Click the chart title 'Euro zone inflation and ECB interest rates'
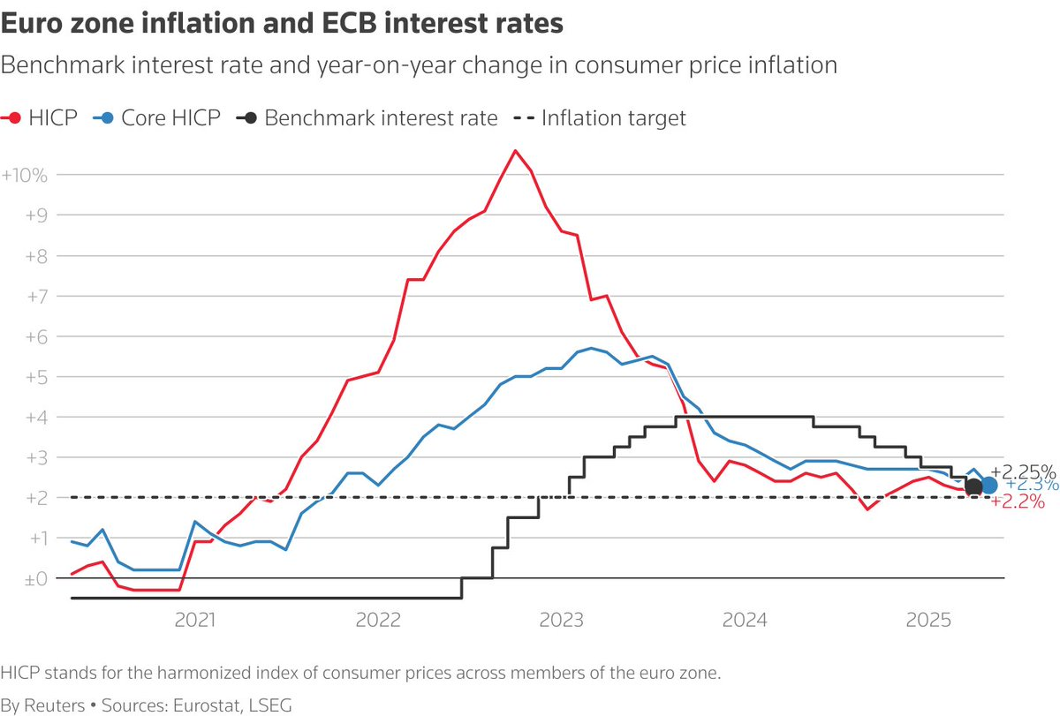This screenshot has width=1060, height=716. pyautogui.click(x=283, y=24)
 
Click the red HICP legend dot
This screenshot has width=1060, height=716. pyautogui.click(x=14, y=117)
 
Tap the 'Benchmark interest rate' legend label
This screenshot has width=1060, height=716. pyautogui.click(x=381, y=117)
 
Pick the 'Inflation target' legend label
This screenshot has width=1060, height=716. pyautogui.click(x=613, y=117)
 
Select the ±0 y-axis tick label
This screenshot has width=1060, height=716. pyautogui.click(x=34, y=579)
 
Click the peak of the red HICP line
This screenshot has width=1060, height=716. pyautogui.click(x=516, y=151)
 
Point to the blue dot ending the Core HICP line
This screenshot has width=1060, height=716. pyautogui.click(x=989, y=485)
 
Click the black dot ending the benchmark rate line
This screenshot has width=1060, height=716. pyautogui.click(x=973, y=486)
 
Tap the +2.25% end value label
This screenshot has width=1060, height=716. pyautogui.click(x=1024, y=471)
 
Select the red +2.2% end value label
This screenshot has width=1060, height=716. pyautogui.click(x=1018, y=501)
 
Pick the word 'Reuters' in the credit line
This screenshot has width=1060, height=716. pyautogui.click(x=54, y=705)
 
